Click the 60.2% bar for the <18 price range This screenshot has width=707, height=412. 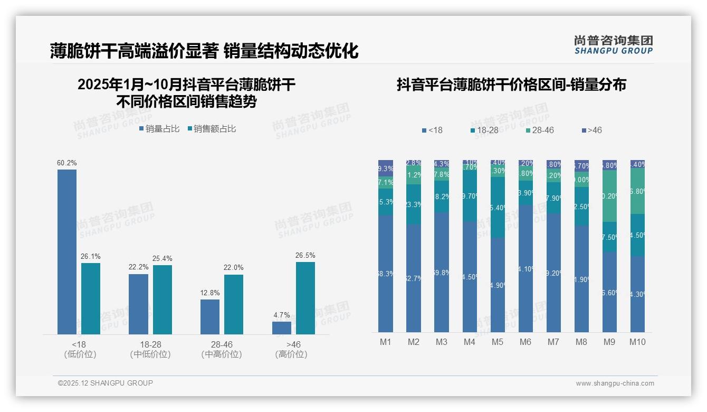(67, 251)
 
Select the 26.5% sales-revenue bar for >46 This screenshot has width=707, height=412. (305, 298)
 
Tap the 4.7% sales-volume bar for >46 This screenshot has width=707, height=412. (281, 327)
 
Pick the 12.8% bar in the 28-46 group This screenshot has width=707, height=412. (210, 316)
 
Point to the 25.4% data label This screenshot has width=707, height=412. (163, 258)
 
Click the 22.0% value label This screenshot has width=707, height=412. (234, 268)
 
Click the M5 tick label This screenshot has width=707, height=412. (497, 342)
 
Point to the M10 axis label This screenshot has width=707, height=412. (637, 342)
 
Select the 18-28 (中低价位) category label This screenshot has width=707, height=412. (150, 350)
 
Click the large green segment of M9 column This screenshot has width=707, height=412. (609, 196)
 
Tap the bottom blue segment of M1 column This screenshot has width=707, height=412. (386, 274)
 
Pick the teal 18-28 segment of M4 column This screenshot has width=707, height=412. (470, 196)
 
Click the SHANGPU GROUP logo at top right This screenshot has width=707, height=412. (613, 44)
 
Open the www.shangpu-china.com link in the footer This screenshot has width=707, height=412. (615, 383)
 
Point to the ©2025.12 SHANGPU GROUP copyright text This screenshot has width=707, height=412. (106, 383)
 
